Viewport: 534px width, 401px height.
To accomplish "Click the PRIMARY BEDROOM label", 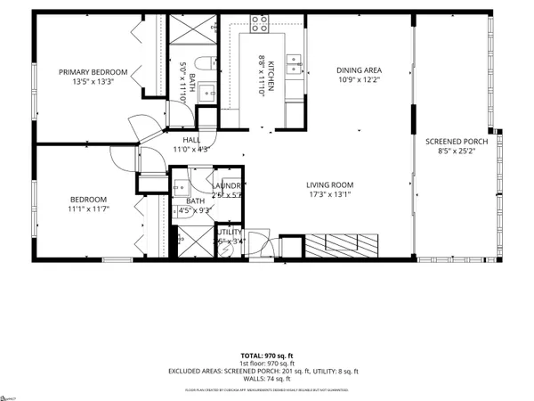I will coord(93,72).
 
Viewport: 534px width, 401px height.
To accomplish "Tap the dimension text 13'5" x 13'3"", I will coord(93,83).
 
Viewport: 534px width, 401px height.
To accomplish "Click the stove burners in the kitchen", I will coord(260,24).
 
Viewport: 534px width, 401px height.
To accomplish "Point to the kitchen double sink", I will coord(295,61).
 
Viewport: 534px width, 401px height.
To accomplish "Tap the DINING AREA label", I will coord(360,71).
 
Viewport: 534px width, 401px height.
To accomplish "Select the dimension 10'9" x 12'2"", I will coord(360,82).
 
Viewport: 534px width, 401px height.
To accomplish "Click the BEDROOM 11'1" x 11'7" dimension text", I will coord(89,209).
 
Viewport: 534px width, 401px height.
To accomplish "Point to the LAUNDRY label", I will coord(228,184).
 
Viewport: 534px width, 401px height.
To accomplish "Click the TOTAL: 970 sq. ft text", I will coord(266,355).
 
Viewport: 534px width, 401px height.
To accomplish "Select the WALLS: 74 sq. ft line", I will coord(266,379).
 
